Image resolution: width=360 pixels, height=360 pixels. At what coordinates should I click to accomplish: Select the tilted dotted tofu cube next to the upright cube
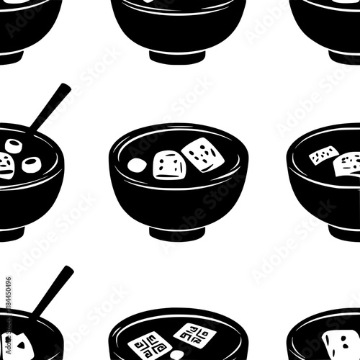click(x=202, y=154)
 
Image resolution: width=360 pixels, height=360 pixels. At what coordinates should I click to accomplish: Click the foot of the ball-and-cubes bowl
click(x=177, y=232)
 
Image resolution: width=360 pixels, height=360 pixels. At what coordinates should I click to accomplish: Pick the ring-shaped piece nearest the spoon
click(x=14, y=146)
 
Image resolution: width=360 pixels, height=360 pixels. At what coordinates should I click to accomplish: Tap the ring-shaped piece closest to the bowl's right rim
click(x=32, y=164)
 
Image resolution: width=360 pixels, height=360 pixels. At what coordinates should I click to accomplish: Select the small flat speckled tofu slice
click(x=324, y=155)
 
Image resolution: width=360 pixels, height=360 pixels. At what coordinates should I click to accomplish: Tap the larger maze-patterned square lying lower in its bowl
click(x=150, y=344)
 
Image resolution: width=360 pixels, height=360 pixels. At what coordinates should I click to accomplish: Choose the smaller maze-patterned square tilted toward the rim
click(x=195, y=333)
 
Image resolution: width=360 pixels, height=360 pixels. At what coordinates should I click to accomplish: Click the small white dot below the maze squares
click(x=176, y=355)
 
